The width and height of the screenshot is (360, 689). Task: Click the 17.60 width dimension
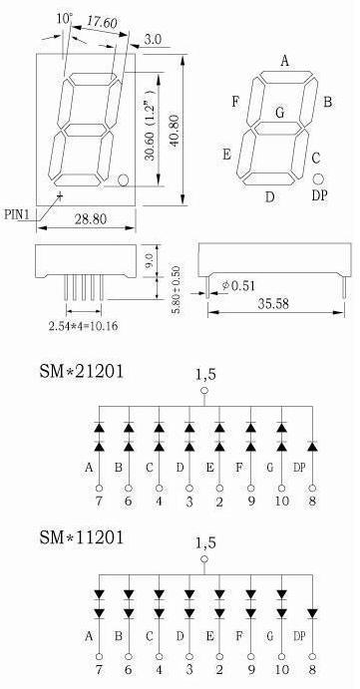coord(102,22)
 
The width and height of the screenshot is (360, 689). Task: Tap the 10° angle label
coord(64,19)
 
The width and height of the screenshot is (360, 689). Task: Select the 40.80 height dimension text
coord(174,131)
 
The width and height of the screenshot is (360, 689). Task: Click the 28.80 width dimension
coord(90,218)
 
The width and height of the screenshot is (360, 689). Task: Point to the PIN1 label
coord(17,214)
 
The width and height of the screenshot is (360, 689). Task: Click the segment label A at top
coord(285,61)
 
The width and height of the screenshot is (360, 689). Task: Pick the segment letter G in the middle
coord(280,113)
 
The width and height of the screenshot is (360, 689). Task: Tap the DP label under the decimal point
coord(319,195)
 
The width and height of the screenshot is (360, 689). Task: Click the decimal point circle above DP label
coord(318,178)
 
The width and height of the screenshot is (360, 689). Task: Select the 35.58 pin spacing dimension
coord(274,304)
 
